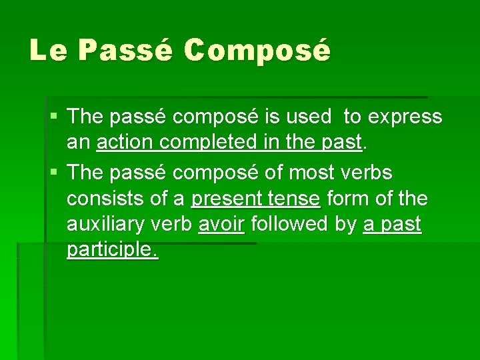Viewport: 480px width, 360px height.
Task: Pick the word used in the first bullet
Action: pyautogui.click(x=309, y=117)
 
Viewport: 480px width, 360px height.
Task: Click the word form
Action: pyautogui.click(x=352, y=199)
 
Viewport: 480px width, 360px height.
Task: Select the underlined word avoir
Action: pyautogui.click(x=221, y=225)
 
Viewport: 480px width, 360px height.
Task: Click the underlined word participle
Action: pyautogui.click(x=112, y=251)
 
